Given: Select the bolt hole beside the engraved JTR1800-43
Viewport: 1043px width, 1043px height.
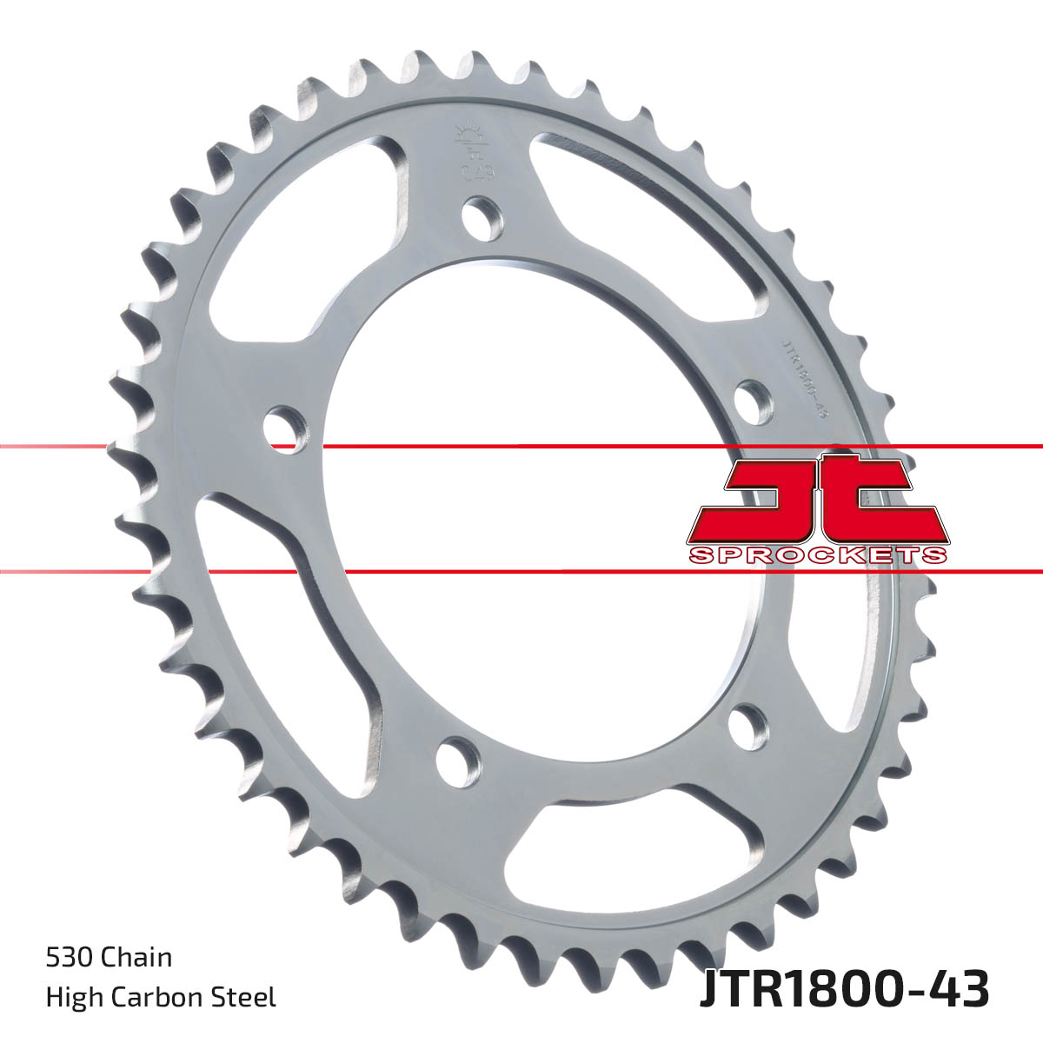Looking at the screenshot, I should click(x=753, y=401).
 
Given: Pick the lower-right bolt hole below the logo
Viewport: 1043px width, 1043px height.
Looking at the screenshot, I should click(x=747, y=726).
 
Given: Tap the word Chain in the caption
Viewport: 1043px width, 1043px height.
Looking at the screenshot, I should click(x=136, y=957).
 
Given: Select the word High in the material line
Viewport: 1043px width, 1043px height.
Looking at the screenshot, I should click(x=71, y=997).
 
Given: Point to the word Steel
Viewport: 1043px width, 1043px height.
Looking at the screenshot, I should click(x=248, y=997).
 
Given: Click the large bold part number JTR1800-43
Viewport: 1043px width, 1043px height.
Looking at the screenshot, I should click(x=843, y=990).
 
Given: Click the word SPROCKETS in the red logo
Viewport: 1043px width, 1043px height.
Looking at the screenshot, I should click(x=817, y=555).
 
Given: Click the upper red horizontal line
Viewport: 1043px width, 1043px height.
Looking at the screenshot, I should click(x=521, y=447).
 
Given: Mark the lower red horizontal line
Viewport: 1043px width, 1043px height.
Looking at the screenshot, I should click(x=521, y=572).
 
